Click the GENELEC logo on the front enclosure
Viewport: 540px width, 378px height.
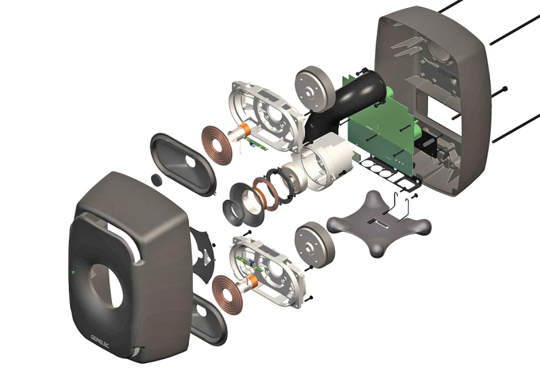pos(100,341)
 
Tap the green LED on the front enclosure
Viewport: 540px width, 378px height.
pos(74,272)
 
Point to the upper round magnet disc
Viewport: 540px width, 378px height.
pos(315,88)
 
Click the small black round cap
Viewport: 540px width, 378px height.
pos(157,180)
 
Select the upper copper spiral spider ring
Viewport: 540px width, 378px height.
pos(217,144)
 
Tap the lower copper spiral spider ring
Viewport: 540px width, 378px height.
pos(227,294)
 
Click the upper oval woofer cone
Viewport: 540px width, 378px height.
pos(183,165)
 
